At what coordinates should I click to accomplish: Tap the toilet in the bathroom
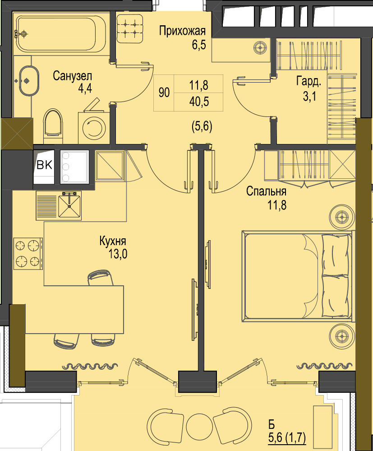point(53,123)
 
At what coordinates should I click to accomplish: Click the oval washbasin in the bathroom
point(29,81)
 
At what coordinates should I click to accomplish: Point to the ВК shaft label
point(45,165)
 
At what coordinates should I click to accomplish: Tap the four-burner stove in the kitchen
point(28,254)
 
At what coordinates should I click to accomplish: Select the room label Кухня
point(113,241)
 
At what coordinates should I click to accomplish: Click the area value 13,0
point(118,254)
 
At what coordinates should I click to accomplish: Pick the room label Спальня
point(266,191)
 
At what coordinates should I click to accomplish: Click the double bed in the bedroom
point(297,276)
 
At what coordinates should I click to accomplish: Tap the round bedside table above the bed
point(342,216)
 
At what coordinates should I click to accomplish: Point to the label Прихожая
point(183,31)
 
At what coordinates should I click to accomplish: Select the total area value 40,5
point(199,102)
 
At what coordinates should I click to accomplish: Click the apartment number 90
point(164,93)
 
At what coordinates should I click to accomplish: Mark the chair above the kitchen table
point(101,278)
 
